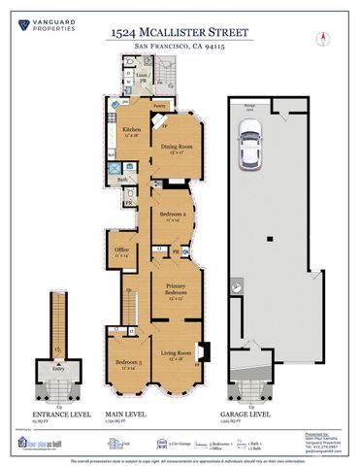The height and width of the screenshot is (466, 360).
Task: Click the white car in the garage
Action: [x=250, y=151]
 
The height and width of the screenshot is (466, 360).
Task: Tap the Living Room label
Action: [x=177, y=355]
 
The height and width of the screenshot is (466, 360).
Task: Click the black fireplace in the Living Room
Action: [x=199, y=350]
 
